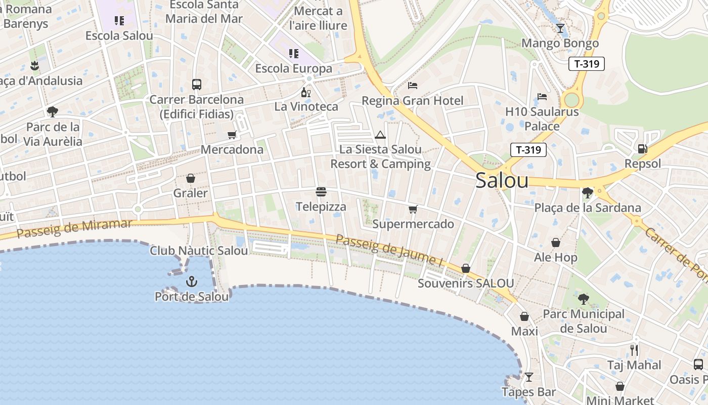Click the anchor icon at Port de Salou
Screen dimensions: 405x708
coord(192,281)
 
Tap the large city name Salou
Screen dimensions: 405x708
coord(502,181)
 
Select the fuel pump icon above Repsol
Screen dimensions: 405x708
coord(642,148)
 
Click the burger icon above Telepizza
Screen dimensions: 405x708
coord(321,192)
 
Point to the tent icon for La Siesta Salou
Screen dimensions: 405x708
coord(380,135)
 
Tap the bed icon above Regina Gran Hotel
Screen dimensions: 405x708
coord(413,85)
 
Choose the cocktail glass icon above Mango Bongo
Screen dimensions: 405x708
coord(560,28)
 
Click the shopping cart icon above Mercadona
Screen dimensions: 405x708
coord(232,135)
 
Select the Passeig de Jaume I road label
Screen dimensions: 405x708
coord(389,252)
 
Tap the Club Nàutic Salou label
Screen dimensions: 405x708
coord(199,251)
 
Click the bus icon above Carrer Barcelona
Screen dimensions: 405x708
coord(197,85)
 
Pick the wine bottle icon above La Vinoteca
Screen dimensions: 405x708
coord(306,92)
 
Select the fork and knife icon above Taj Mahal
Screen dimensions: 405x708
coord(634,350)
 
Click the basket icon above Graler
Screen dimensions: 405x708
coord(191,178)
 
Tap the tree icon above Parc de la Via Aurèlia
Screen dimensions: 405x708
coord(52,111)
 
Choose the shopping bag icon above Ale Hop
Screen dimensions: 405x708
coord(555,243)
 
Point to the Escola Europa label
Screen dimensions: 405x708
coord(294,68)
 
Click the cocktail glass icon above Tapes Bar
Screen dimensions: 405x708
coord(529,377)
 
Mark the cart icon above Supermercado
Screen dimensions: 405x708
coord(413,209)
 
